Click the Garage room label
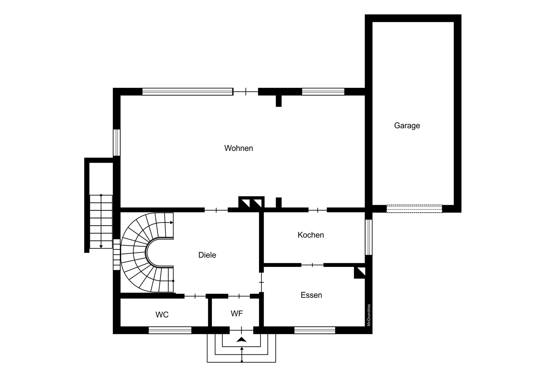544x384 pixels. click(x=407, y=126)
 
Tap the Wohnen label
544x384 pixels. click(x=239, y=148)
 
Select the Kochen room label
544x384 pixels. click(x=311, y=235)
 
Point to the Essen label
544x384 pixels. click(x=311, y=295)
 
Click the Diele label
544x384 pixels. click(x=207, y=255)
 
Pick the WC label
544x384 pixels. click(x=162, y=315)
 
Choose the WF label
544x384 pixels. click(x=237, y=314)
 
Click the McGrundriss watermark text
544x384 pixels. click(x=369, y=315)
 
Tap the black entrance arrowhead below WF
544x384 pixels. click(x=241, y=340)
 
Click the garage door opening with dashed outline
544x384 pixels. click(x=414, y=209)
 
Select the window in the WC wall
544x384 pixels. click(x=170, y=330)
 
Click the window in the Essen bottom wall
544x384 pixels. click(x=315, y=330)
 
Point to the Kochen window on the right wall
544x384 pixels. click(x=369, y=237)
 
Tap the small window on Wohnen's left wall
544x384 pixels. click(x=117, y=143)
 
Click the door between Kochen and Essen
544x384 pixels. click(x=312, y=265)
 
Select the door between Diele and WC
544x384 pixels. click(x=195, y=296)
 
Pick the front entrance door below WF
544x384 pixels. click(x=241, y=330)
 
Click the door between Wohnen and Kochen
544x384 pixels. click(x=318, y=210)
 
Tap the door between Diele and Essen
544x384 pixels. click(x=261, y=282)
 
